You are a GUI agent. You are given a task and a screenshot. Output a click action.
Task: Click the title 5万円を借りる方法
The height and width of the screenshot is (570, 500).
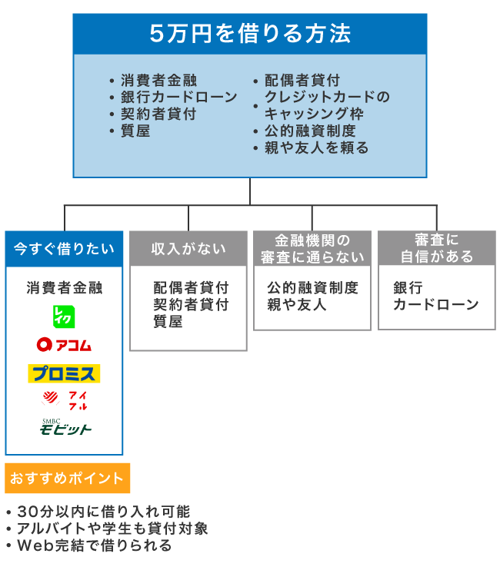click(x=250, y=34)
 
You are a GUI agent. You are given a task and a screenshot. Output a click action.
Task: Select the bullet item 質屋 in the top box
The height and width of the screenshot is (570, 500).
click(x=135, y=131)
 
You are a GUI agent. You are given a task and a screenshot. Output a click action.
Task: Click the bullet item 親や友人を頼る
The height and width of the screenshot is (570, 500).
click(x=316, y=147)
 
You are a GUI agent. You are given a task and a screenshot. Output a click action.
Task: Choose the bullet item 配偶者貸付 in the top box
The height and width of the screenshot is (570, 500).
click(x=302, y=80)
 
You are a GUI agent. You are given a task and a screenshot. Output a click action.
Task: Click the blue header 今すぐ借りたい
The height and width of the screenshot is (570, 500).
click(x=64, y=249)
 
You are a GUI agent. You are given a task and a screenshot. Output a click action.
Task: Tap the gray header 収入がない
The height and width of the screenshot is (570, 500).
click(x=188, y=249)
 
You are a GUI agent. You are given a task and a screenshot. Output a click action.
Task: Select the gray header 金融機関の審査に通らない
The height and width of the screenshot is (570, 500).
click(x=312, y=249)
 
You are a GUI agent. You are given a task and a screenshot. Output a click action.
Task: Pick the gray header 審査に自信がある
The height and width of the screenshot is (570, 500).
click(x=437, y=249)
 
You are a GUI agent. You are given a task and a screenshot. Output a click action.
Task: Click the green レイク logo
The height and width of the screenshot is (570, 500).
click(x=65, y=315)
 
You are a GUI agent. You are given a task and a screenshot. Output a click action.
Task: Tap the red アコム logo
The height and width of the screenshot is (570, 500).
click(x=64, y=345)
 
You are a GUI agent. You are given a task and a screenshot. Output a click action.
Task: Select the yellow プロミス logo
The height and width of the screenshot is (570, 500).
click(x=64, y=373)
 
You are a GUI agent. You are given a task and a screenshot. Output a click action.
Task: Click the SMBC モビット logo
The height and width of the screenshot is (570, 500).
click(x=65, y=426)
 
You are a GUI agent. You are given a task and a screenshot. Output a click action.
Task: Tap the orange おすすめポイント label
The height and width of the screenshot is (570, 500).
click(x=67, y=478)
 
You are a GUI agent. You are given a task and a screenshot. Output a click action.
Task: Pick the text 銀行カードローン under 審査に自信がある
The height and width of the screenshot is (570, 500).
click(x=435, y=297)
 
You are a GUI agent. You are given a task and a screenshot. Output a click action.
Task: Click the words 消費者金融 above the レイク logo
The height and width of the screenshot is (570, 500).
click(x=65, y=288)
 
